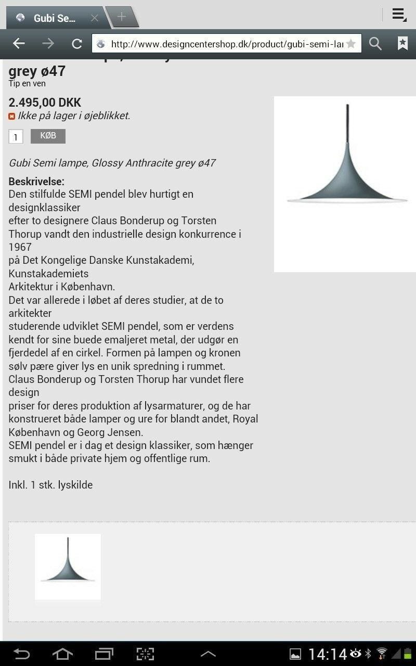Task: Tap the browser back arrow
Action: point(19,44)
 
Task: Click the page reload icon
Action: point(77,44)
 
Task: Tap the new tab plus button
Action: point(122,17)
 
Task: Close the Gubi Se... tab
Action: point(95,18)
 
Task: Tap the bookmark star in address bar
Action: point(351,44)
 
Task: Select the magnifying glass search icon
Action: point(375,44)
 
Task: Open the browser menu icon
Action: point(399,15)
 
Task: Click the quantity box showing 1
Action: point(16,137)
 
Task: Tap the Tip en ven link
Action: point(27,84)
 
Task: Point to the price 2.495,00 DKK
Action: point(45,103)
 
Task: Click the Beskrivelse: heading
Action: point(36,182)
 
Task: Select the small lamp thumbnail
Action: point(68,567)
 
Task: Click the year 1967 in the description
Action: point(20,247)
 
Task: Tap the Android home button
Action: point(62,654)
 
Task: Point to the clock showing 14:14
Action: point(328,654)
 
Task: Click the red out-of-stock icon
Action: point(12,117)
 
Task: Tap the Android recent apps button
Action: point(104,654)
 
